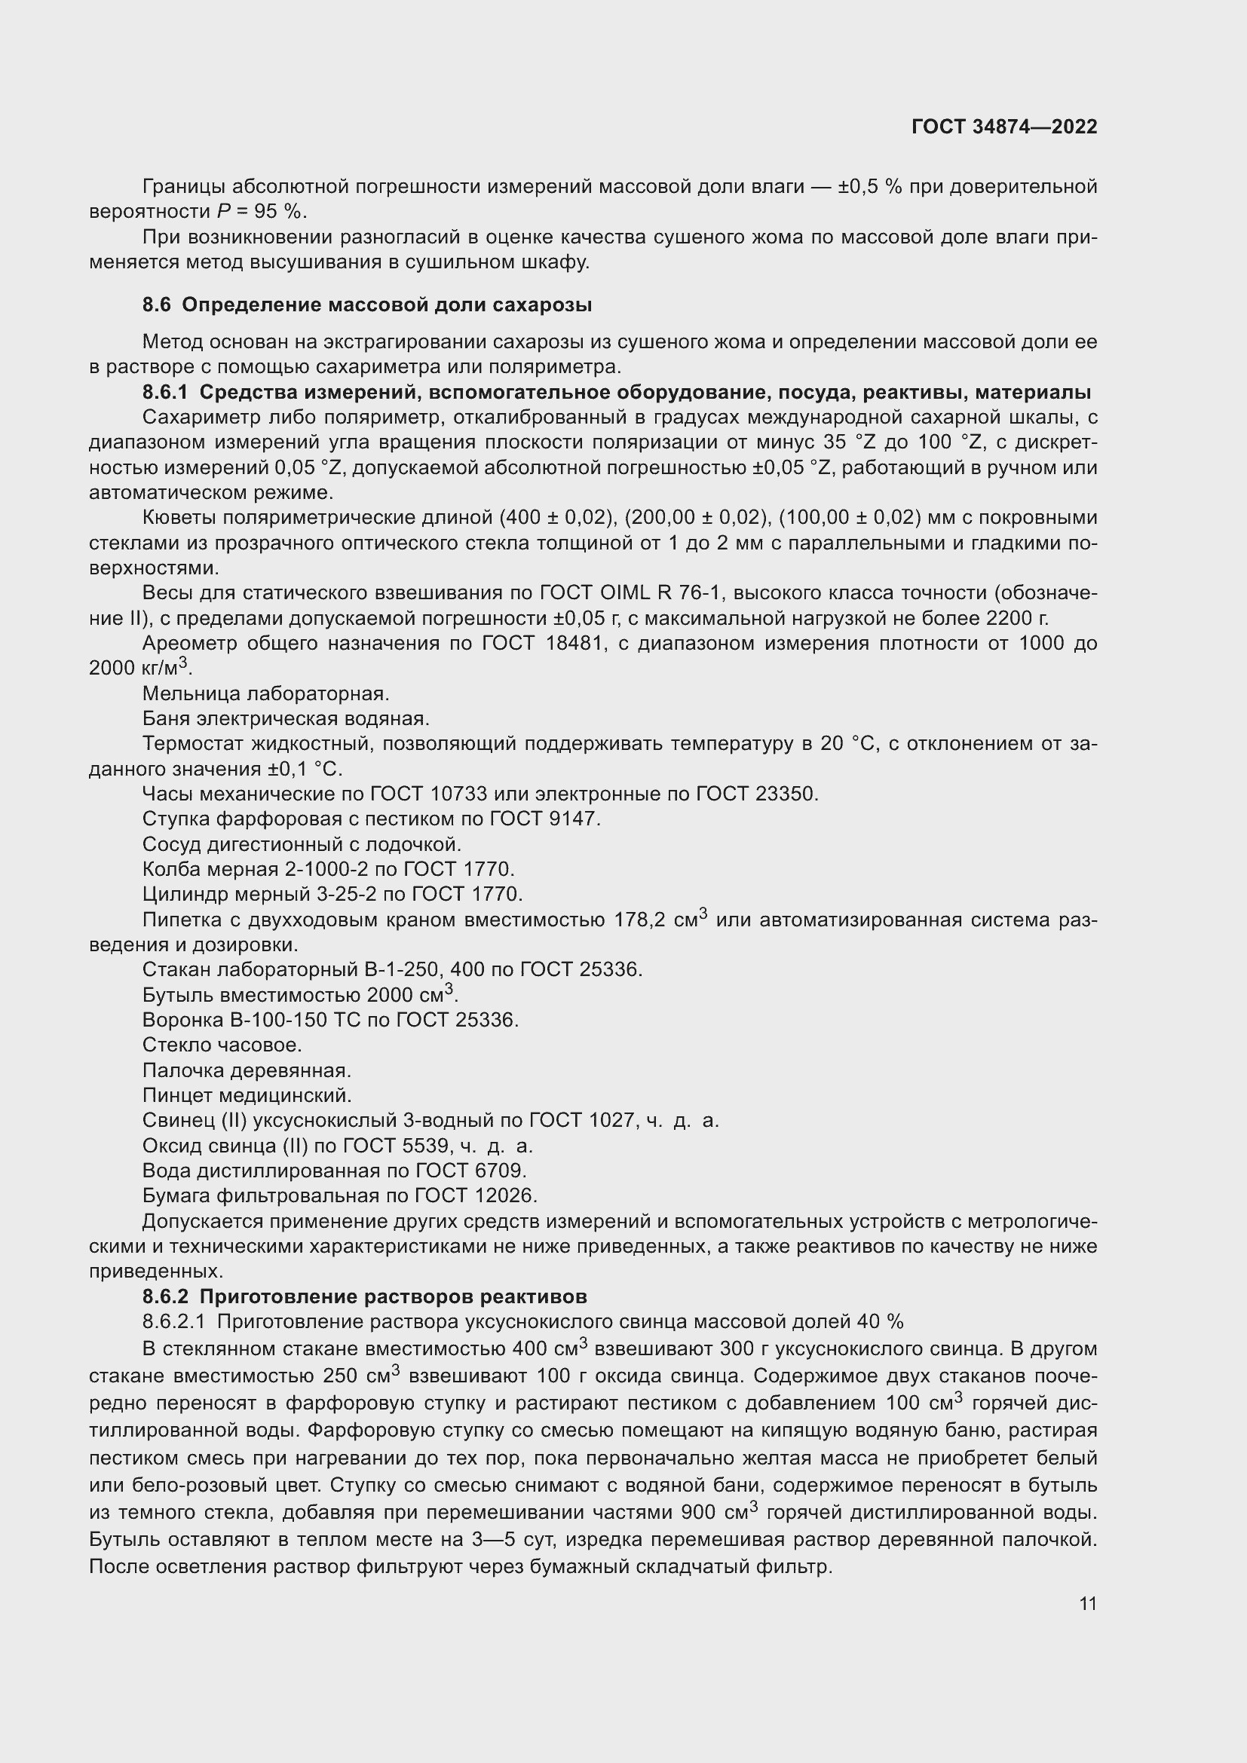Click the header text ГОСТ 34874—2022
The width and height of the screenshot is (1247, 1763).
1004,127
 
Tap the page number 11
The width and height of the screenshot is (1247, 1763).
1087,1603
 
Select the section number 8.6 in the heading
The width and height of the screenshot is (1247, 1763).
157,305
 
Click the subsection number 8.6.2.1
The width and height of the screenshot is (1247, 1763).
174,1321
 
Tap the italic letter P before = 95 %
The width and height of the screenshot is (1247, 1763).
222,212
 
